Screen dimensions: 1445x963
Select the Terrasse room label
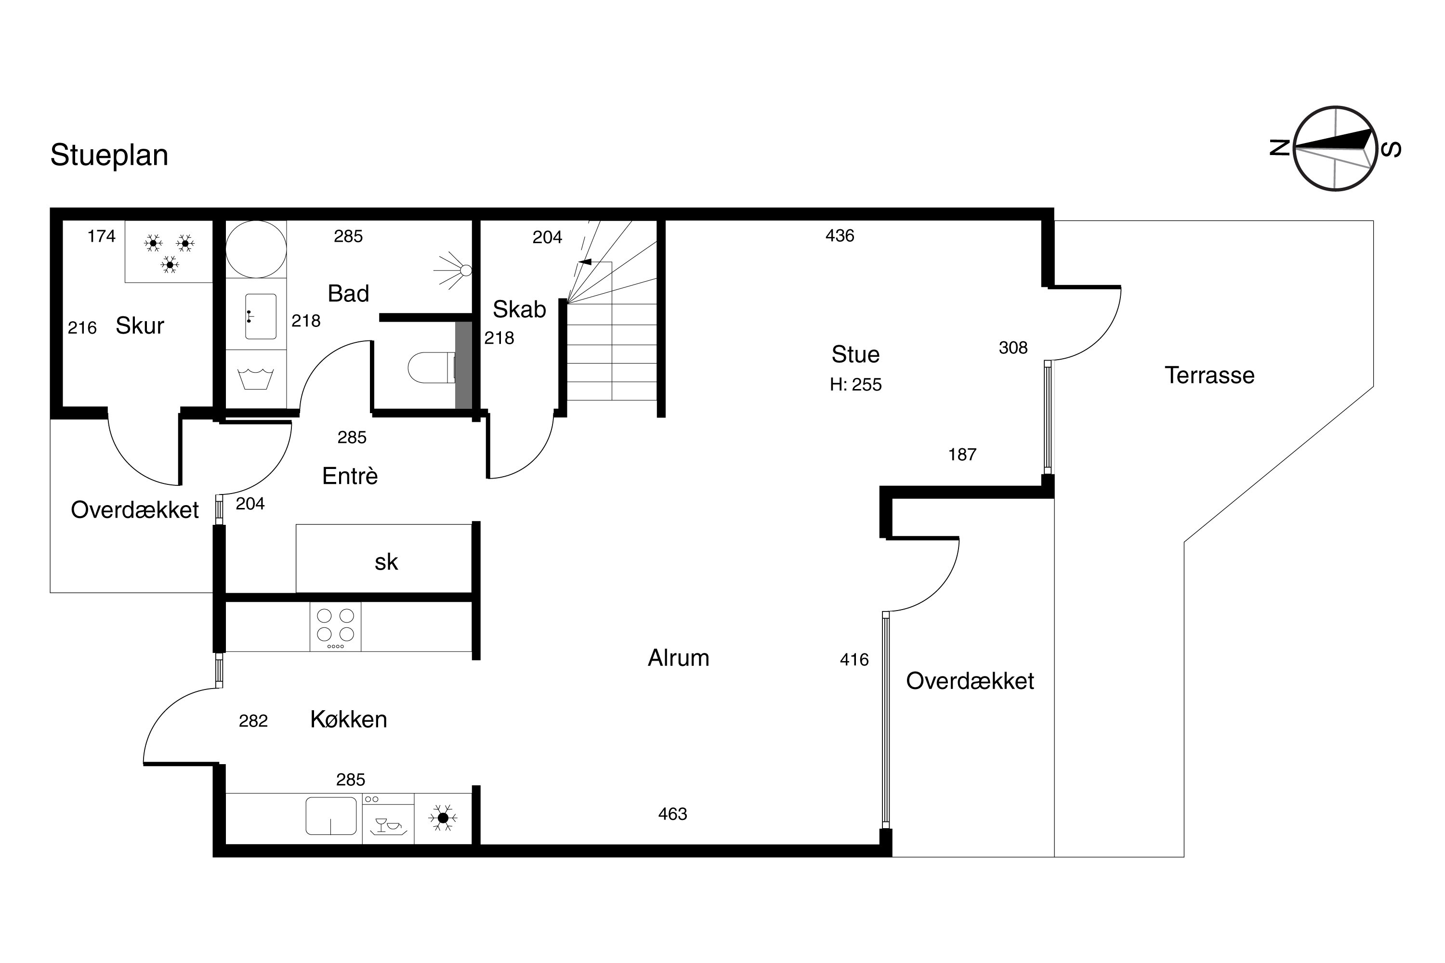tap(1209, 375)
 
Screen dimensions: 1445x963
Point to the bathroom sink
tap(261, 316)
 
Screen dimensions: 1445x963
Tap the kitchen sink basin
tap(331, 816)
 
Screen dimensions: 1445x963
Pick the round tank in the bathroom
tap(256, 249)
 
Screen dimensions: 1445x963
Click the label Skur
tap(140, 325)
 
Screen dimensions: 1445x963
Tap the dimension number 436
tap(840, 235)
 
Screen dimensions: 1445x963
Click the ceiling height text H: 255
tap(856, 384)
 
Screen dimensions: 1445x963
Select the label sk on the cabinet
tap(386, 562)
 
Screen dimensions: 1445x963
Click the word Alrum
tap(678, 658)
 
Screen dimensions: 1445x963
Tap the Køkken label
tap(348, 719)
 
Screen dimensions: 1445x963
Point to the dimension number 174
tap(101, 236)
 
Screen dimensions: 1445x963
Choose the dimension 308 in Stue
tap(1013, 348)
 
